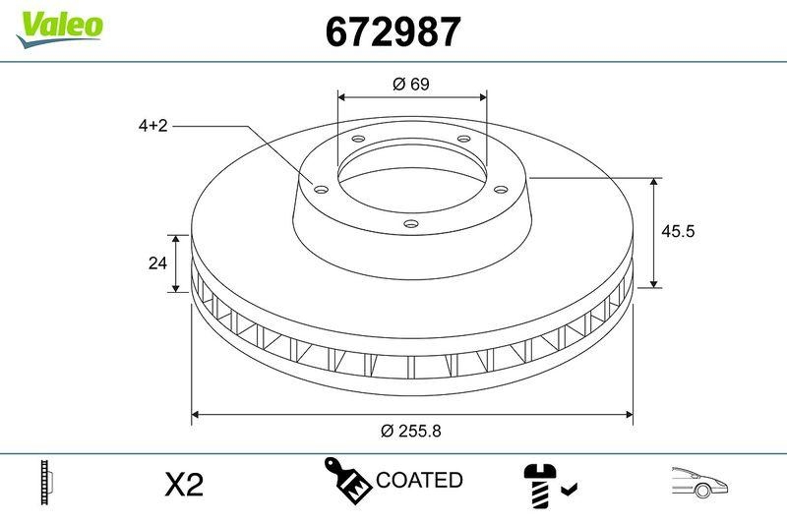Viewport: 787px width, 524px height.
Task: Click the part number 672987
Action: pyautogui.click(x=393, y=32)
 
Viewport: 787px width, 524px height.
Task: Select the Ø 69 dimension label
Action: pyautogui.click(x=411, y=85)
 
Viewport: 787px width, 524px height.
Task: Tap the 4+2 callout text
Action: pyautogui.click(x=152, y=126)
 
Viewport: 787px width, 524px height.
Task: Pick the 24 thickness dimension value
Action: pyautogui.click(x=154, y=263)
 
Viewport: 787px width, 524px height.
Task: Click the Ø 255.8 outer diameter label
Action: pyautogui.click(x=411, y=431)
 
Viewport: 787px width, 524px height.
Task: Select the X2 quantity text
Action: pyautogui.click(x=182, y=484)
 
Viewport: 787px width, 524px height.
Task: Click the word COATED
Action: pyautogui.click(x=419, y=480)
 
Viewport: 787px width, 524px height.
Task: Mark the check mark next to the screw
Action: pyautogui.click(x=570, y=487)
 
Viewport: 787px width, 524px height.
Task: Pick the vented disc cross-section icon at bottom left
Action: pyautogui.click(x=45, y=481)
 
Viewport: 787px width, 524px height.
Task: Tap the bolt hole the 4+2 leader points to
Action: pyautogui.click(x=320, y=189)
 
